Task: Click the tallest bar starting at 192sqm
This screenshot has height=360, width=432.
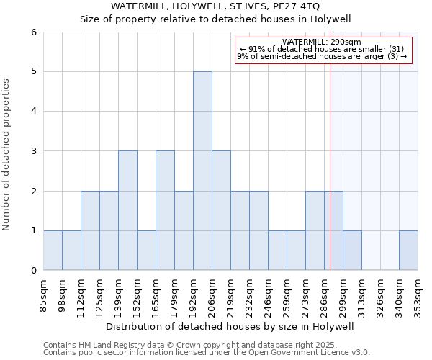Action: tap(202, 171)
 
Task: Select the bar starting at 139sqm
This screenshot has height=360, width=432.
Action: tap(127, 210)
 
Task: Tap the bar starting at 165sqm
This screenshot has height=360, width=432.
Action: tap(165, 210)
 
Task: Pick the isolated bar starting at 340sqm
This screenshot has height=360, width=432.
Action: tap(408, 251)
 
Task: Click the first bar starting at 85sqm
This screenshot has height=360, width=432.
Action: tap(53, 251)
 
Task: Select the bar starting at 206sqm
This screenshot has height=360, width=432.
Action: tap(221, 210)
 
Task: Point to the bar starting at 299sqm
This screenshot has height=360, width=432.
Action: tap(352, 251)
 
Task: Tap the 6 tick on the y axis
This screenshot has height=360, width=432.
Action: tap(33, 32)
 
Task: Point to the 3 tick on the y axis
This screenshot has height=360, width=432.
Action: tap(33, 151)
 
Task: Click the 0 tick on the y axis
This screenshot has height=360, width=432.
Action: tap(33, 271)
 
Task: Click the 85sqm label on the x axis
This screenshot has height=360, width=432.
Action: tap(44, 292)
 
